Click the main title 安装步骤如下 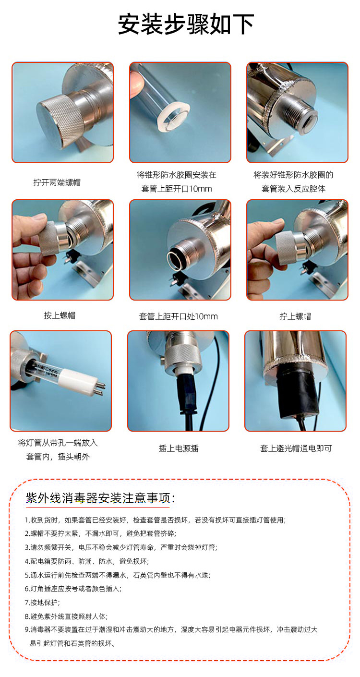186,24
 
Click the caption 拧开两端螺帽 57,182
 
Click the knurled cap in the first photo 60,121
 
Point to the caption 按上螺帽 60,315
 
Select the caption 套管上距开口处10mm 179,316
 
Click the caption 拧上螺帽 295,316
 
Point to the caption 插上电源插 179,448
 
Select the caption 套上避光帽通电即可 296,448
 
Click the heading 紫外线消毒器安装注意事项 100,498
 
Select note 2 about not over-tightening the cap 100,533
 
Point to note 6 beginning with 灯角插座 73,589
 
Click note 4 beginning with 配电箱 87,561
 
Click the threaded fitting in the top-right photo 299,114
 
